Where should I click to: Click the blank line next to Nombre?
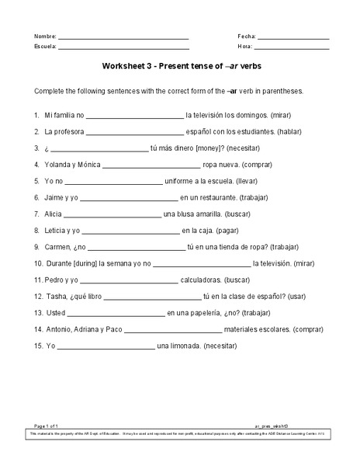coord(123,38)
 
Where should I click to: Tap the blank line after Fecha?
coord(292,38)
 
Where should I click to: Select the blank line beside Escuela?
coord(123,47)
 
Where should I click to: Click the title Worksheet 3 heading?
coord(179,67)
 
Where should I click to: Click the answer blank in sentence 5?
coord(116,182)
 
